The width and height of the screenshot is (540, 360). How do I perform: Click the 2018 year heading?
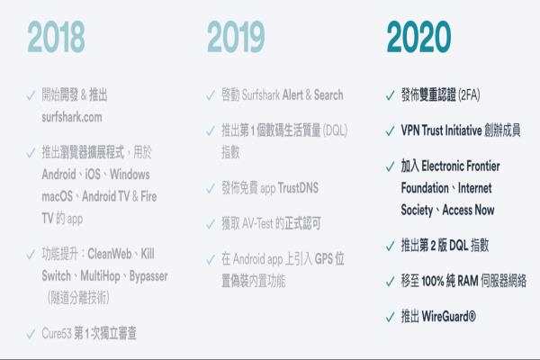(x=56, y=37)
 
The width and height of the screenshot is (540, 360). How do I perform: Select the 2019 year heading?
(x=236, y=37)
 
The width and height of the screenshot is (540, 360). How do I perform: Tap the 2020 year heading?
(x=418, y=37)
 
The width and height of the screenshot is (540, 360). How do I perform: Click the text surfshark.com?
(x=72, y=117)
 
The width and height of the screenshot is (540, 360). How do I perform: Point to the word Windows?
(x=130, y=175)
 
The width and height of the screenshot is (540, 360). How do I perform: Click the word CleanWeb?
(x=110, y=254)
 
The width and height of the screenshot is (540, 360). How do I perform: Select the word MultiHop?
(x=100, y=276)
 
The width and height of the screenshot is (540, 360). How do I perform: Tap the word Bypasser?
(x=148, y=276)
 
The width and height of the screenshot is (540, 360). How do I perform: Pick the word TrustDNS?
(x=298, y=188)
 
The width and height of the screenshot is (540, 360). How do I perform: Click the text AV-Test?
(x=257, y=223)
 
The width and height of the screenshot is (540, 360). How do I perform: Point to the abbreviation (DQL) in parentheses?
(x=335, y=130)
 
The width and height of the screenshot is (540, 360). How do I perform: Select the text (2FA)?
(x=470, y=95)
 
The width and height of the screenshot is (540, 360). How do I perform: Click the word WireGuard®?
(x=449, y=316)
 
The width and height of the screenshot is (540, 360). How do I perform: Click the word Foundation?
(x=425, y=188)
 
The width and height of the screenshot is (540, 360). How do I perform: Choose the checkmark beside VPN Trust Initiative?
(x=391, y=130)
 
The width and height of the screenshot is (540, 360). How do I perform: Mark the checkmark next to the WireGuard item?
(x=391, y=317)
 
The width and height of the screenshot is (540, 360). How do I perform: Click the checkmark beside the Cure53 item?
(x=31, y=334)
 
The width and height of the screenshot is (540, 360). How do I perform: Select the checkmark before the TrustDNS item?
(x=211, y=189)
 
